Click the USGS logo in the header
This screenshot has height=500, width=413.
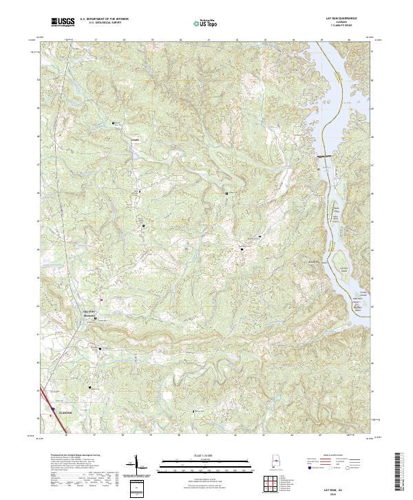(x=63, y=22)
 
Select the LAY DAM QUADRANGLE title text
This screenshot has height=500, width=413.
(x=342, y=19)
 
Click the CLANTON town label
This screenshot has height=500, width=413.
(x=66, y=413)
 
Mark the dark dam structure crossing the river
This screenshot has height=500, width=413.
(x=325, y=158)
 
